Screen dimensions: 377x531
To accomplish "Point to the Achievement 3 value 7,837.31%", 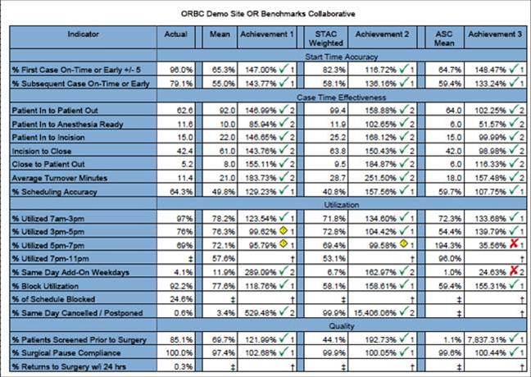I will pyautogui.click(x=485, y=339).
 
